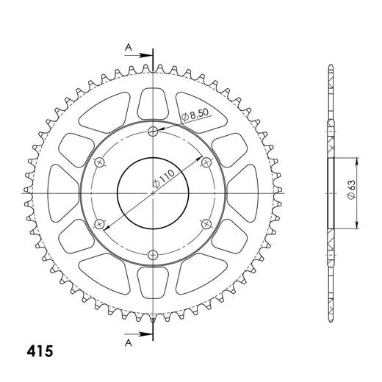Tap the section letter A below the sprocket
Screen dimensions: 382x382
pyautogui.click(x=127, y=341)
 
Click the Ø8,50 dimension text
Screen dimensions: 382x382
pyautogui.click(x=192, y=114)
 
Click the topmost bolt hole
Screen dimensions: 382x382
pyautogui.click(x=153, y=132)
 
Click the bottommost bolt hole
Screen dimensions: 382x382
pyautogui.click(x=153, y=254)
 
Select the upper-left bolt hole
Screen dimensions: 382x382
pyautogui.click(x=101, y=162)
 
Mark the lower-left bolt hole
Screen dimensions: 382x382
pyautogui.click(x=101, y=223)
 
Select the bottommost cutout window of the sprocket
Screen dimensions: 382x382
pyautogui.click(x=153, y=285)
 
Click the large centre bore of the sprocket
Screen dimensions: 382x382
pyautogui.click(x=153, y=193)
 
